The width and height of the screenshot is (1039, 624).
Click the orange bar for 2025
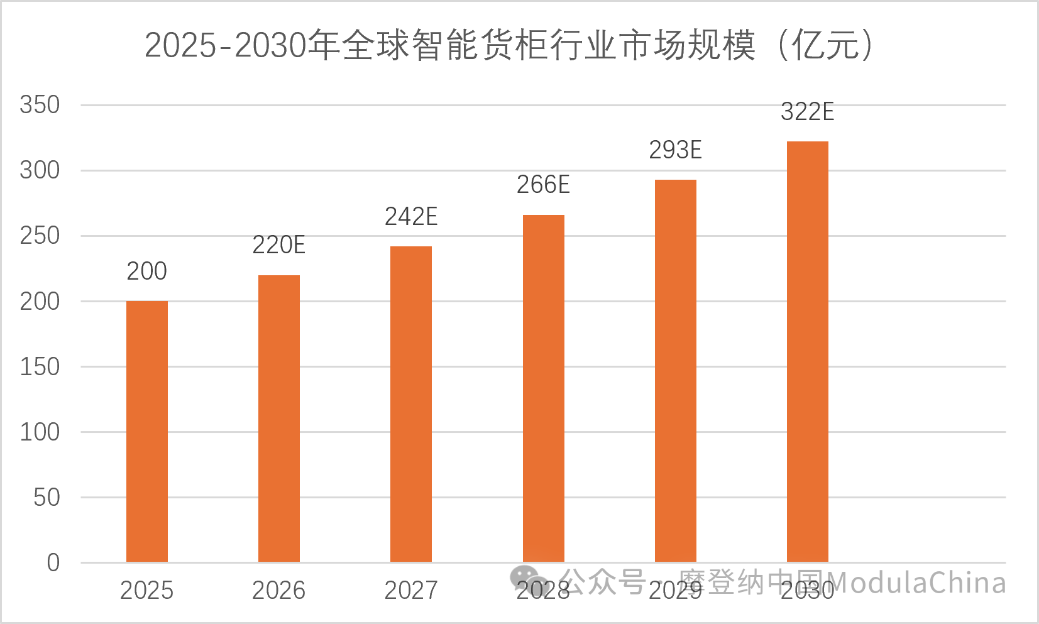tap(147, 432)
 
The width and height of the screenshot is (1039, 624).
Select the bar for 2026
tap(279, 419)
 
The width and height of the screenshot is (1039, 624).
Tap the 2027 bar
tap(411, 404)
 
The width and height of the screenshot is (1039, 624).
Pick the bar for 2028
tap(544, 388)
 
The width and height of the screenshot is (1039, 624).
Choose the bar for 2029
tap(675, 371)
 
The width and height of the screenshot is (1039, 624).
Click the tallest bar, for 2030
tap(808, 352)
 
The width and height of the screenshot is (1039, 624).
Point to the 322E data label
tap(808, 112)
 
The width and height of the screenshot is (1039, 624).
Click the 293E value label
tap(675, 150)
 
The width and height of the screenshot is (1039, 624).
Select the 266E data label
tap(543, 185)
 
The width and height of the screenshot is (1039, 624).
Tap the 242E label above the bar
tap(411, 217)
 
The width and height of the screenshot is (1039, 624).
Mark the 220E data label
tap(279, 245)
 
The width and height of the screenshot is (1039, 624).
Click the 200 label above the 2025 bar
tap(146, 271)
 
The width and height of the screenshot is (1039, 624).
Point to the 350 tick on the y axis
tap(40, 105)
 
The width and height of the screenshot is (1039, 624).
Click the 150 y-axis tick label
tap(40, 367)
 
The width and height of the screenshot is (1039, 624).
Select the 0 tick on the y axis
tap(53, 563)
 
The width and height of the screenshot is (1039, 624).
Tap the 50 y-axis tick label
tap(47, 498)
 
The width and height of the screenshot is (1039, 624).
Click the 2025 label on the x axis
tap(146, 591)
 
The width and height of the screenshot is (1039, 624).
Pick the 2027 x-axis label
tap(411, 591)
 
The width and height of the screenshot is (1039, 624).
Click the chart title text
tap(509, 45)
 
